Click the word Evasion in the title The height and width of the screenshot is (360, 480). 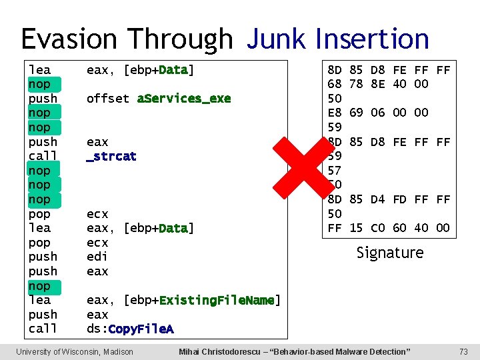click(x=65, y=39)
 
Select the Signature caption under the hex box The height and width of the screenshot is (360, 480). click(x=390, y=253)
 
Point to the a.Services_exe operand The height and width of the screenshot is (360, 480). click(x=184, y=99)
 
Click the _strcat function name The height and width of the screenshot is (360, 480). click(x=111, y=156)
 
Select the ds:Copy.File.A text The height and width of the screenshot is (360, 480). click(x=130, y=329)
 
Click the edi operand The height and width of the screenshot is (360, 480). click(x=97, y=257)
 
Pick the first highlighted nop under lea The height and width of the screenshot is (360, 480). click(x=39, y=84)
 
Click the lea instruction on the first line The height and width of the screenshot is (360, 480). click(x=39, y=69)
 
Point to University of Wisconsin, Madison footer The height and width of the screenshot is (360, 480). click(x=75, y=351)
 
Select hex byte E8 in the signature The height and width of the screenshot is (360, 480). click(x=335, y=113)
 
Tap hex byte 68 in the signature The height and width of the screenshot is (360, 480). click(x=335, y=84)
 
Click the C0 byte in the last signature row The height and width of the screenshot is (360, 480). click(x=378, y=228)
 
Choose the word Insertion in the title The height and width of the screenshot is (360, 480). click(x=373, y=39)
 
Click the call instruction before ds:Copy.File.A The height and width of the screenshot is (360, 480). click(x=43, y=329)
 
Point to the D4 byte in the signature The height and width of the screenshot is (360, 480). click(x=378, y=199)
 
